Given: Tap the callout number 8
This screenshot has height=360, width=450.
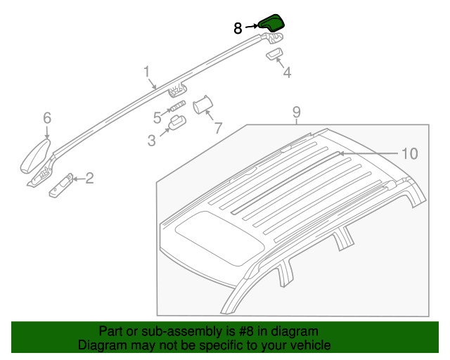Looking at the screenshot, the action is coord(238,28).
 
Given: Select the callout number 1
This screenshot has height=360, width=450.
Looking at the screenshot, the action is coord(147,72).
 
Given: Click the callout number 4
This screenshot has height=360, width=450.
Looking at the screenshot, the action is coord(287,72).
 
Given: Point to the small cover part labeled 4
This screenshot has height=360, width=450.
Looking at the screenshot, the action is coord(275,53).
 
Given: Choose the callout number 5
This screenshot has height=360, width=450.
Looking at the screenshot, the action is coord(157,117).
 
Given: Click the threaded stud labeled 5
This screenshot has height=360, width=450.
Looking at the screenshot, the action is coord(178,106).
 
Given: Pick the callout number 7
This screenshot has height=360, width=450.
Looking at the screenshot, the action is coord(219,128).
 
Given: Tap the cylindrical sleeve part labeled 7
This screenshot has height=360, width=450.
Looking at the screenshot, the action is coord(202,105).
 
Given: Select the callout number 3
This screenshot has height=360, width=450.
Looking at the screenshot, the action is coord(152,141).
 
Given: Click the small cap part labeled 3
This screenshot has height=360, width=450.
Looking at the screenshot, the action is coord(177,123).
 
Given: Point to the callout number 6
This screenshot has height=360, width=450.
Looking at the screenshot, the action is coord(47,118).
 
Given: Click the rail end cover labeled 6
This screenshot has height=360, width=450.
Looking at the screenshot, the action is coord(35,157).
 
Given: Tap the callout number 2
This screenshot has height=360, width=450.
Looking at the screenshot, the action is coord(89,178).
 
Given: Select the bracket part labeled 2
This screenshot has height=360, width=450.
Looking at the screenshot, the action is coord(61,186).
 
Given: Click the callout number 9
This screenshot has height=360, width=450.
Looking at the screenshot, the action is coord(297,112).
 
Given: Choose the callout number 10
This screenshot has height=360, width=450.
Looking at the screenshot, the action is coord(410,153).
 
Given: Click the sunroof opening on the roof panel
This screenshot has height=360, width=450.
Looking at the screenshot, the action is coord(219,238).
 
